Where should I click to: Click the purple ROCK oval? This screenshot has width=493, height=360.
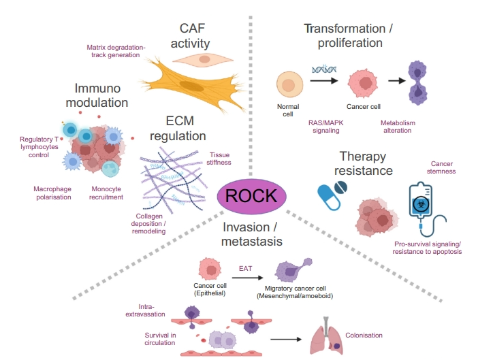point(251,196)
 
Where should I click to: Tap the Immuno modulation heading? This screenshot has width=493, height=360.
point(101,95)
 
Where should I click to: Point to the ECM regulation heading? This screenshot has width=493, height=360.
point(177,128)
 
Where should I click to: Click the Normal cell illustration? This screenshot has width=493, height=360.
point(289,86)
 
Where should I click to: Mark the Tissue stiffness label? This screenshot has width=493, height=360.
point(219,159)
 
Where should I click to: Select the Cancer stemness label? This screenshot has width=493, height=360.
point(443,167)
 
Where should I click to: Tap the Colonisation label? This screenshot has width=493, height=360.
point(364,335)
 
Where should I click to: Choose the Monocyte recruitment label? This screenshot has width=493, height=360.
point(106,193)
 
